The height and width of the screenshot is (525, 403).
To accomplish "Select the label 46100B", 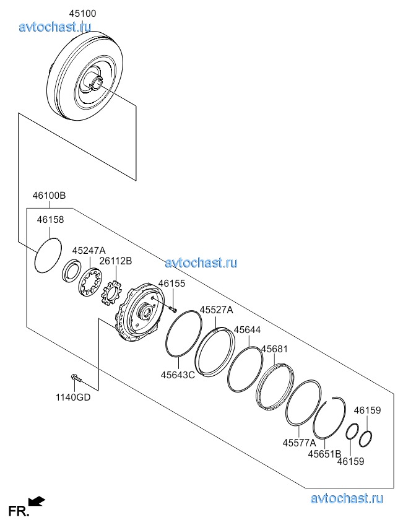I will point(49,196).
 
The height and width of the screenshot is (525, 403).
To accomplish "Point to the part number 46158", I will point(50,219).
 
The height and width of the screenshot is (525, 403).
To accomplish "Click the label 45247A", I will point(89,250).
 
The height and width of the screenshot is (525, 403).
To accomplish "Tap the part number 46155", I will point(171,283).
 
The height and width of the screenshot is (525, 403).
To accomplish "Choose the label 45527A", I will point(216,310).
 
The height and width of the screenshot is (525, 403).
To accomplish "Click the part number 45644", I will point(247,330).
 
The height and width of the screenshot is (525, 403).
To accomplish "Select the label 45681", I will point(274,349).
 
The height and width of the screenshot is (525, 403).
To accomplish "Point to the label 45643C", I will point(178,375).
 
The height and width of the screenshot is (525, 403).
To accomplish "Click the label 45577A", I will point(299,443).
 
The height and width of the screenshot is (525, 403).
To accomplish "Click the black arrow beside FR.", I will point(37,501).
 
